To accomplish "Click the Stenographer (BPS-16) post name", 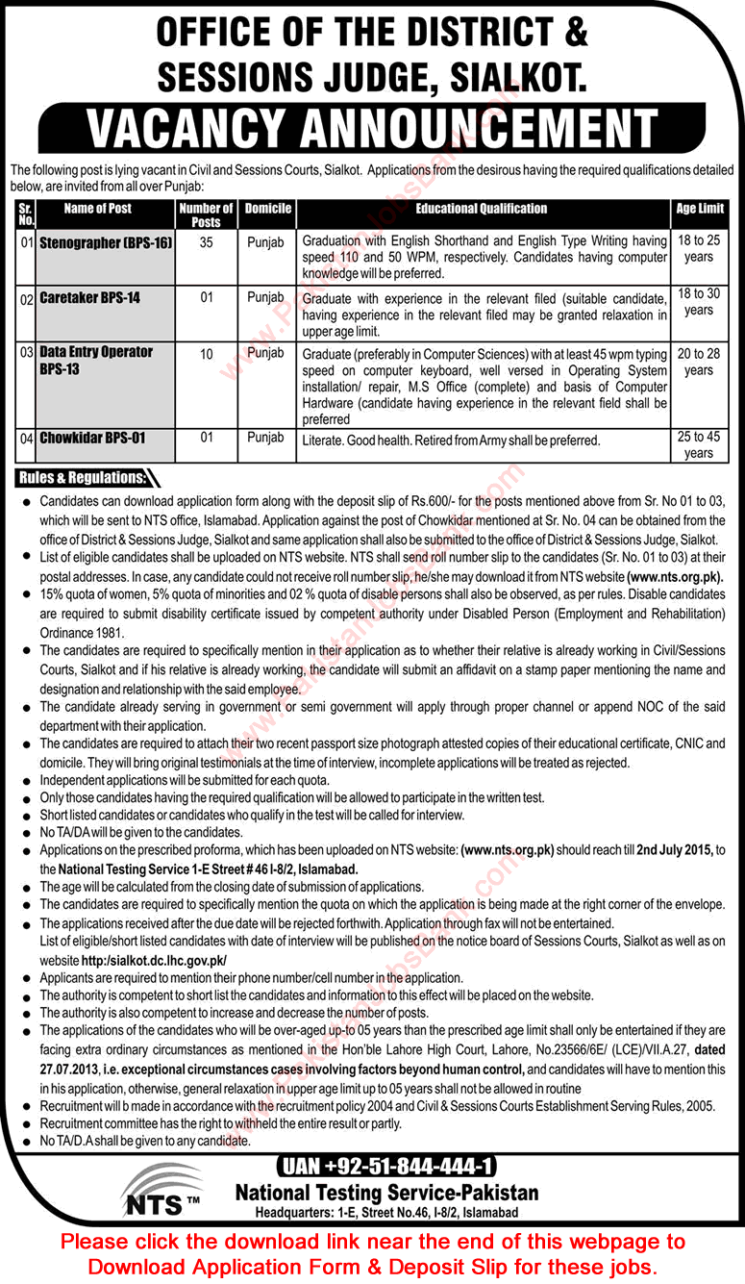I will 106,243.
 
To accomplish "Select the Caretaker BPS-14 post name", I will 89,298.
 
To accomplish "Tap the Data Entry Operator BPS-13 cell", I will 95,360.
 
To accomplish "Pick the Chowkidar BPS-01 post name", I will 92,438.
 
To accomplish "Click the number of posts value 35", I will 206,243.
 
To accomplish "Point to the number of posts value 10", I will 206,355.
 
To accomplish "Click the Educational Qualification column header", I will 481,209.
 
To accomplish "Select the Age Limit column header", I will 699,209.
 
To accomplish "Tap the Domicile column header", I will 267,209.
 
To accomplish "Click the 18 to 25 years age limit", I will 699,250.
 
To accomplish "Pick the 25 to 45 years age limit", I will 699,444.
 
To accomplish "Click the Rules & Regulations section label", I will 82,478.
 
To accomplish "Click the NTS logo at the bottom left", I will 161,1192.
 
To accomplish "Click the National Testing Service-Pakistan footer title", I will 386,1192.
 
